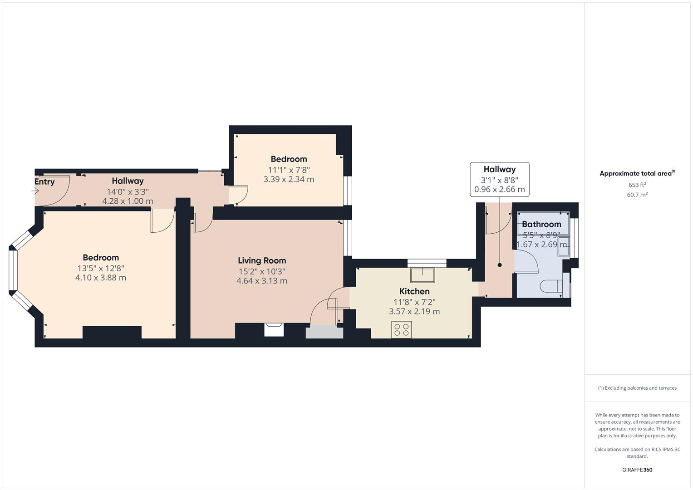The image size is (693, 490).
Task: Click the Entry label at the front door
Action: point(44,182)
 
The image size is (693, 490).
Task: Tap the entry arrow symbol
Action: point(35,191)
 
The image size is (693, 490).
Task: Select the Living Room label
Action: point(262,260)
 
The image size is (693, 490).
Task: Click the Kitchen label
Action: point(414,291)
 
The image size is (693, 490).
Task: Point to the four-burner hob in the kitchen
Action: point(401,329)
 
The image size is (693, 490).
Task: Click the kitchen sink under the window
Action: point(423,274)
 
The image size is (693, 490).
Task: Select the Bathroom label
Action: point(541,224)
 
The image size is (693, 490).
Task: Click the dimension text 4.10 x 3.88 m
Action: point(101,278)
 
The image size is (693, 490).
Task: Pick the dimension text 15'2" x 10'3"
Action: point(262,271)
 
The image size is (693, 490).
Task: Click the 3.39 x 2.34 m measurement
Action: point(289,179)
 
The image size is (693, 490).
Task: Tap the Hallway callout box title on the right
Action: point(499,169)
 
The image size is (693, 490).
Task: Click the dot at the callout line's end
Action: point(500,265)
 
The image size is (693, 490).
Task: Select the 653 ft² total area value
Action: point(637,185)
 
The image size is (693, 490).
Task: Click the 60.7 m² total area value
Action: point(637,195)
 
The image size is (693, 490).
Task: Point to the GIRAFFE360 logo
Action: point(637,470)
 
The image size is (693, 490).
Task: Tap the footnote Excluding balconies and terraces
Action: point(637,388)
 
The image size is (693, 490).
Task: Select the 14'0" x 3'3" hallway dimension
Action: point(128,191)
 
